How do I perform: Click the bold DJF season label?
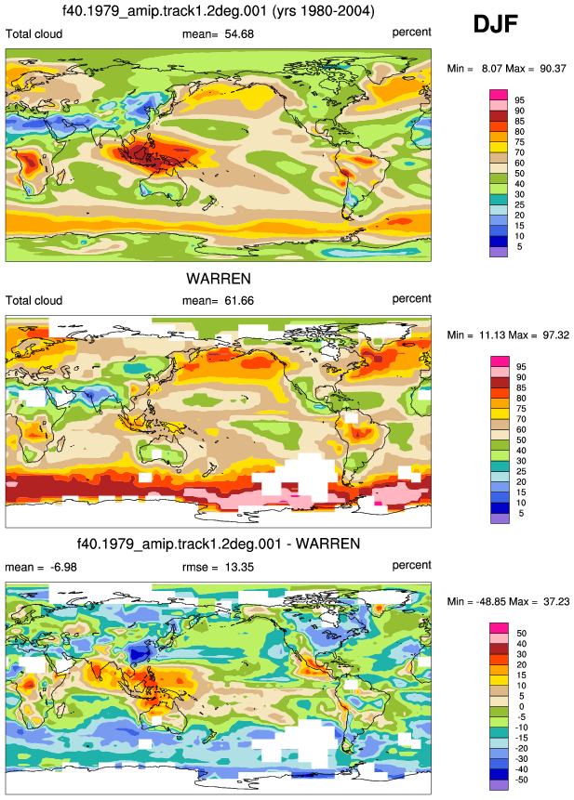(x=495, y=24)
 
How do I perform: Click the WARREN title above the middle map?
(x=219, y=279)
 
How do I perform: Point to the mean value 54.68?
(x=239, y=34)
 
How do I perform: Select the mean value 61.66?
(x=239, y=301)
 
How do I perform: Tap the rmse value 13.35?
(x=239, y=568)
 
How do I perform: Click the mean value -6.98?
(x=63, y=568)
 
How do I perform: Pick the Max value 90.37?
(x=553, y=69)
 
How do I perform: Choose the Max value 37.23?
(x=556, y=602)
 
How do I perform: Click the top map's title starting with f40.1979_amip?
(x=218, y=11)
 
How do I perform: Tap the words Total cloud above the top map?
(x=33, y=34)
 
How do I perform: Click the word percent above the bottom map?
(x=411, y=565)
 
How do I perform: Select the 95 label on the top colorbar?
(x=519, y=100)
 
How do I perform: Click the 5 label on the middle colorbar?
(x=521, y=513)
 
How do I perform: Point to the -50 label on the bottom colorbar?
(x=520, y=780)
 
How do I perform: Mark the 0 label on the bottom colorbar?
(x=521, y=707)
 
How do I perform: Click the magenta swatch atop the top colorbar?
(x=499, y=95)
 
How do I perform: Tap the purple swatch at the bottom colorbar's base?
(x=499, y=785)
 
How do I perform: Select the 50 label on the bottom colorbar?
(x=521, y=633)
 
